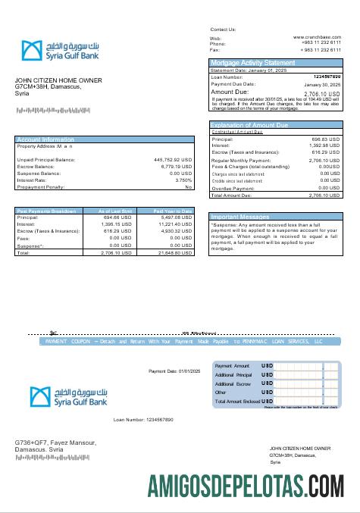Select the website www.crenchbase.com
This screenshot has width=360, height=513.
(x=316, y=36)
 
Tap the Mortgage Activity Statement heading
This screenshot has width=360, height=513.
(x=252, y=62)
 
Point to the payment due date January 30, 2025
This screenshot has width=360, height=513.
(x=327, y=85)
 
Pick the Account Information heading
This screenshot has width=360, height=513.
(x=45, y=139)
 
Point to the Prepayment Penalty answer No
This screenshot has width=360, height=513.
(x=189, y=187)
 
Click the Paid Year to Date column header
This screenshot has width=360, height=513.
(x=174, y=211)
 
